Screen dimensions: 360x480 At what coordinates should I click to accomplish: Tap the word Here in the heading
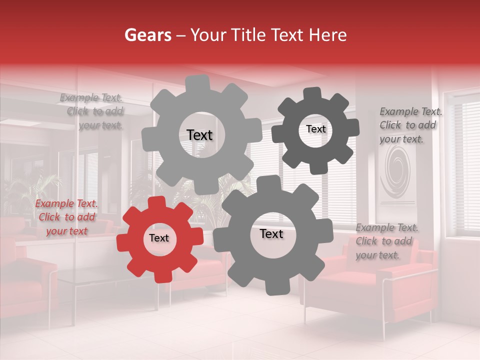[327, 35]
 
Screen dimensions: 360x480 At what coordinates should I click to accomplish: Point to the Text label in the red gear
[159, 238]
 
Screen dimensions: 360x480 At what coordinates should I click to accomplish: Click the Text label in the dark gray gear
[315, 129]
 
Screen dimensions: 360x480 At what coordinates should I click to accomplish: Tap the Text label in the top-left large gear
[199, 135]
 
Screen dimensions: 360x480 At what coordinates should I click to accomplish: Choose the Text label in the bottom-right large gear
[271, 233]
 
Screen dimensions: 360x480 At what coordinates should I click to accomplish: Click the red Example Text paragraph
[66, 217]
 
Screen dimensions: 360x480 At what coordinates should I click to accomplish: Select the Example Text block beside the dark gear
[410, 125]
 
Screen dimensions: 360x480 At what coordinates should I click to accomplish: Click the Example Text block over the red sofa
[386, 241]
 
